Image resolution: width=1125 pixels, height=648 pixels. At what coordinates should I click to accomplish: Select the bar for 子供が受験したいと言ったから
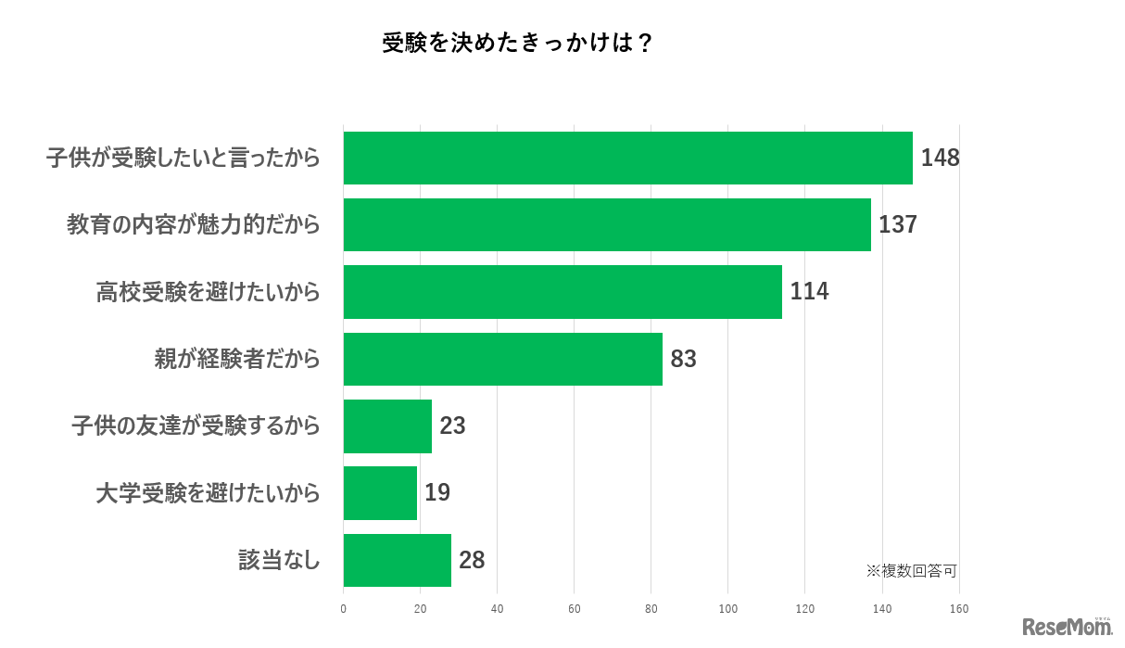pyautogui.click(x=627, y=158)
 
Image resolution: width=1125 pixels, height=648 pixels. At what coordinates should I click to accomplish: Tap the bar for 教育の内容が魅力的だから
pyautogui.click(x=607, y=224)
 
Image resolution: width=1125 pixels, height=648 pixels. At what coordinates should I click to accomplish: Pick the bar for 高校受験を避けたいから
pyautogui.click(x=562, y=292)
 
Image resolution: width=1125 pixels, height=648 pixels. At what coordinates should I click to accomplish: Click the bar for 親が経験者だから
pyautogui.click(x=503, y=359)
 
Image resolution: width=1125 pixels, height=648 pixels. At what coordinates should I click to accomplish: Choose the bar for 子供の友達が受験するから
pyautogui.click(x=387, y=426)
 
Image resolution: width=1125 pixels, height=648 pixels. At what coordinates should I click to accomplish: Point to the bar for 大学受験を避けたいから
pyautogui.click(x=380, y=493)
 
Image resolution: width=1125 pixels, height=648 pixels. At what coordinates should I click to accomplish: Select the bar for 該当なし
pyautogui.click(x=398, y=561)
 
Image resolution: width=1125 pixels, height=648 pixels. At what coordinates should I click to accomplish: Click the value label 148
pyautogui.click(x=940, y=158)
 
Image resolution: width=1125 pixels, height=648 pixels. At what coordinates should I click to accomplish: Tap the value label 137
pyautogui.click(x=898, y=224)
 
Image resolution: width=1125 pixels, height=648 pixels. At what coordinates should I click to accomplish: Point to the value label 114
pyautogui.click(x=809, y=292)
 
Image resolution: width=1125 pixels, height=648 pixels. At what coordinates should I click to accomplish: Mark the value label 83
pyautogui.click(x=683, y=359)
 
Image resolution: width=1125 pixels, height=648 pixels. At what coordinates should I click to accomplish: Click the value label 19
pyautogui.click(x=437, y=493)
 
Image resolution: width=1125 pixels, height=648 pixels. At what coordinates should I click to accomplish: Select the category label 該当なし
pyautogui.click(x=279, y=561)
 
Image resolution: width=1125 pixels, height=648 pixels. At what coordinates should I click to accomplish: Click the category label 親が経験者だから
pyautogui.click(x=237, y=359)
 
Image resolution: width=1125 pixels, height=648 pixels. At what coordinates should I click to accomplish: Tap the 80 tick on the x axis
pyautogui.click(x=651, y=609)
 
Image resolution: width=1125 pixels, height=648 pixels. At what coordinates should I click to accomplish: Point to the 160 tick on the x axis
pyautogui.click(x=958, y=609)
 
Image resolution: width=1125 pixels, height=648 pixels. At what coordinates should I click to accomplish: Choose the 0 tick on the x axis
pyautogui.click(x=344, y=609)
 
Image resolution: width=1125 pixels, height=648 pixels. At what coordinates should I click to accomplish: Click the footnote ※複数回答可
pyautogui.click(x=911, y=571)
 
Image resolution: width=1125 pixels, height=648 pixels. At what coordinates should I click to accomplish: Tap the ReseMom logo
pyautogui.click(x=1067, y=627)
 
